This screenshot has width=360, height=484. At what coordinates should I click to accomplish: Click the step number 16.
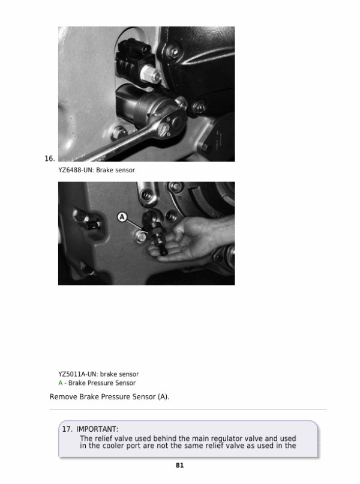pyautogui.click(x=49, y=159)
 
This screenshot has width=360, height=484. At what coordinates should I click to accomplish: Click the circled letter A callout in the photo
pyautogui.click(x=122, y=217)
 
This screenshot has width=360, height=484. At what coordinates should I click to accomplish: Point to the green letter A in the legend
pyautogui.click(x=61, y=383)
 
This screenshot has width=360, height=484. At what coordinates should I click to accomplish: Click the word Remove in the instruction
pyautogui.click(x=64, y=397)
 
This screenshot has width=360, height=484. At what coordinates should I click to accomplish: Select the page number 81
pyautogui.click(x=180, y=465)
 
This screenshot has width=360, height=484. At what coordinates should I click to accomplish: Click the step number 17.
pyautogui.click(x=67, y=429)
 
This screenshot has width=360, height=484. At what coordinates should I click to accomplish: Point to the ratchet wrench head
pyautogui.click(x=171, y=122)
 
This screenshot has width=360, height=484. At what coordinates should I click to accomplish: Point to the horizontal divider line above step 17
pyautogui.click(x=188, y=410)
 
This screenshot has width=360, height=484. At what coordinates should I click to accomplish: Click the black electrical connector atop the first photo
pyautogui.click(x=134, y=60)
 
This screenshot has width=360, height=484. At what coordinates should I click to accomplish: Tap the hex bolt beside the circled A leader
pyautogui.click(x=141, y=237)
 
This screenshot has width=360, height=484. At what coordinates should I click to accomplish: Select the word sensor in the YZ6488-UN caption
pyautogui.click(x=125, y=170)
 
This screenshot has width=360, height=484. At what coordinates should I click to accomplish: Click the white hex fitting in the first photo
pyautogui.click(x=151, y=74)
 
